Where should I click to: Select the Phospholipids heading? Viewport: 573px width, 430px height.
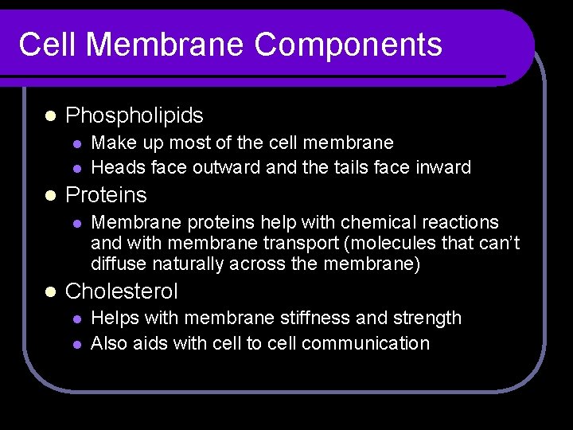click(x=134, y=116)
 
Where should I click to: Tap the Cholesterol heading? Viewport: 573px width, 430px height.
click(x=121, y=291)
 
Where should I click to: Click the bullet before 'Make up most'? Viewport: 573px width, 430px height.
click(x=76, y=143)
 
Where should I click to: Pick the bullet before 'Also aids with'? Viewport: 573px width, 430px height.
click(x=76, y=344)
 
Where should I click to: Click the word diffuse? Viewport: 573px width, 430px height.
click(x=116, y=264)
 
